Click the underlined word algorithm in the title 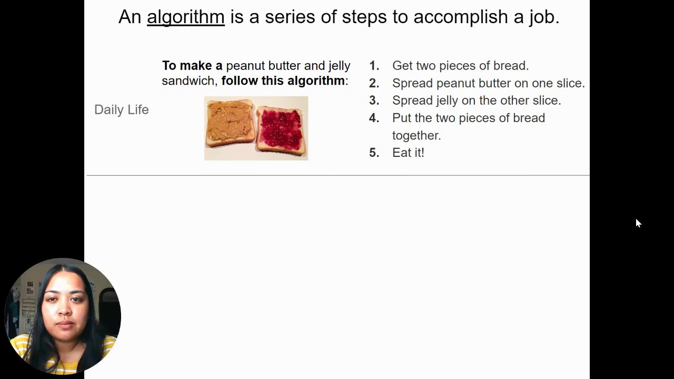(x=186, y=17)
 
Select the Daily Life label (x=122, y=110)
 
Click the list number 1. (x=374, y=66)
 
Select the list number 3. (x=374, y=101)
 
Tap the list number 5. (x=374, y=153)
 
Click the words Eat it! (x=408, y=153)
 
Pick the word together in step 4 (x=417, y=136)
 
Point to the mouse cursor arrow (x=639, y=223)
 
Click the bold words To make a (x=192, y=66)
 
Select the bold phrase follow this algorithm (x=283, y=81)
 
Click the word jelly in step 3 (x=448, y=101)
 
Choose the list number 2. (x=374, y=83)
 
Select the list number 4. (x=374, y=118)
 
